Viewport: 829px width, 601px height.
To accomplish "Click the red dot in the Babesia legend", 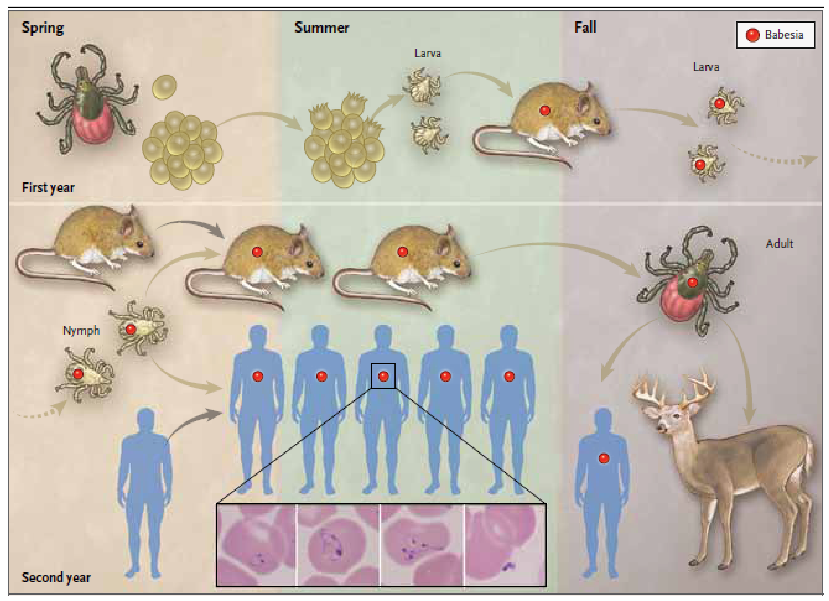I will (x=753, y=35).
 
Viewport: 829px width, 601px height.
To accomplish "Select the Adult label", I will (x=779, y=244).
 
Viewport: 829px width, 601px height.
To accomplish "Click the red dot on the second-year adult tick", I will (x=692, y=282).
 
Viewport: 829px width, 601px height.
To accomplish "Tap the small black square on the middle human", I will (x=383, y=376).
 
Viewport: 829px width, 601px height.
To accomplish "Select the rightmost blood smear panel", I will (x=505, y=545).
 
